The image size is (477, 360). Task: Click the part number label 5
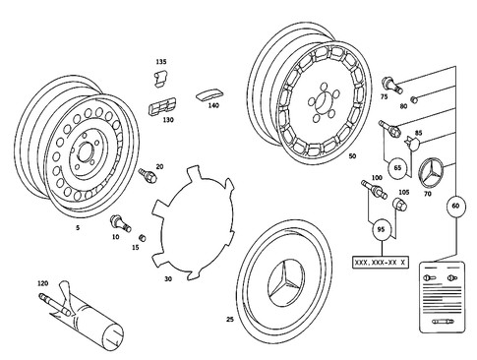point(78,226)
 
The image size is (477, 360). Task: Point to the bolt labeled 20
point(149,176)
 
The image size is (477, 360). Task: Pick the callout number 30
point(167,279)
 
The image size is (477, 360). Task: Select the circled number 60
point(454,207)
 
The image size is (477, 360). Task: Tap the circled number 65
point(398,169)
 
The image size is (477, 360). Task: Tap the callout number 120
point(41,283)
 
